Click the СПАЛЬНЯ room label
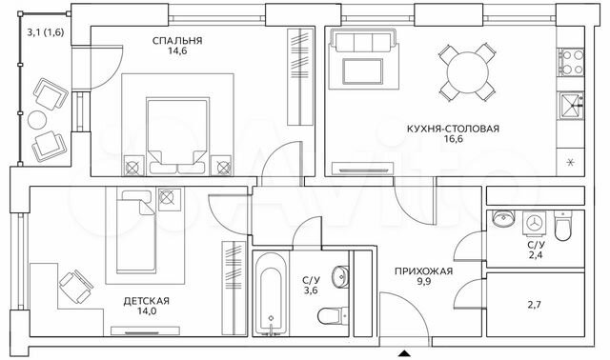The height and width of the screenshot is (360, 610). (x=177, y=40)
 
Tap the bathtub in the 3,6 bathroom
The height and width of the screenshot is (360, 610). (x=270, y=293)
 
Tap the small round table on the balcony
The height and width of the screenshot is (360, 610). (x=37, y=120)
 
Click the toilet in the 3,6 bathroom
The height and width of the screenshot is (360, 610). (x=329, y=315)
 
